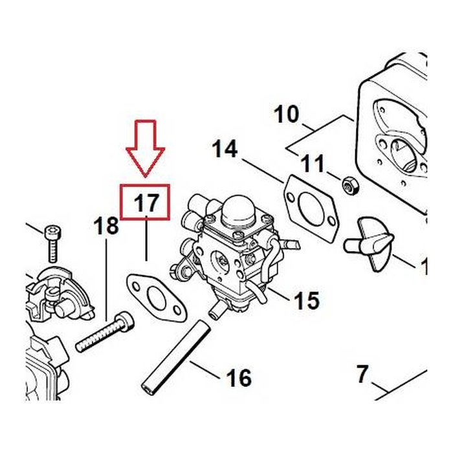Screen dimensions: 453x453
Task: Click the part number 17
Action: (x=146, y=203)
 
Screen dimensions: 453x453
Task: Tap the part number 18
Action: (x=106, y=225)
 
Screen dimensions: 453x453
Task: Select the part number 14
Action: (x=225, y=149)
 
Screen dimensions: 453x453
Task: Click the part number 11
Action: (x=313, y=163)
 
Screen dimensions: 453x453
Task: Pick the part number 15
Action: (x=307, y=300)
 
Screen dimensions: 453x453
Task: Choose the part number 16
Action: (x=239, y=377)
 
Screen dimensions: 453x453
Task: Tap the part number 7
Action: (x=362, y=374)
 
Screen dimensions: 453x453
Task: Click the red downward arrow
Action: (x=146, y=148)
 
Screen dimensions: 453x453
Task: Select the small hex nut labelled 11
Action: (x=350, y=185)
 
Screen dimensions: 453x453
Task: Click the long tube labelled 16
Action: (x=176, y=357)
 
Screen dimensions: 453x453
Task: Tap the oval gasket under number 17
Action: (x=157, y=298)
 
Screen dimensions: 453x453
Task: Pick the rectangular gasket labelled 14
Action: (x=310, y=208)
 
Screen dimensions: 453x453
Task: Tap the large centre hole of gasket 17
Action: (x=157, y=298)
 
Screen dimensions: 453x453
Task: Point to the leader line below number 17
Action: (x=146, y=238)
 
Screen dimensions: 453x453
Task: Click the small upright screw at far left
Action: (x=53, y=243)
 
